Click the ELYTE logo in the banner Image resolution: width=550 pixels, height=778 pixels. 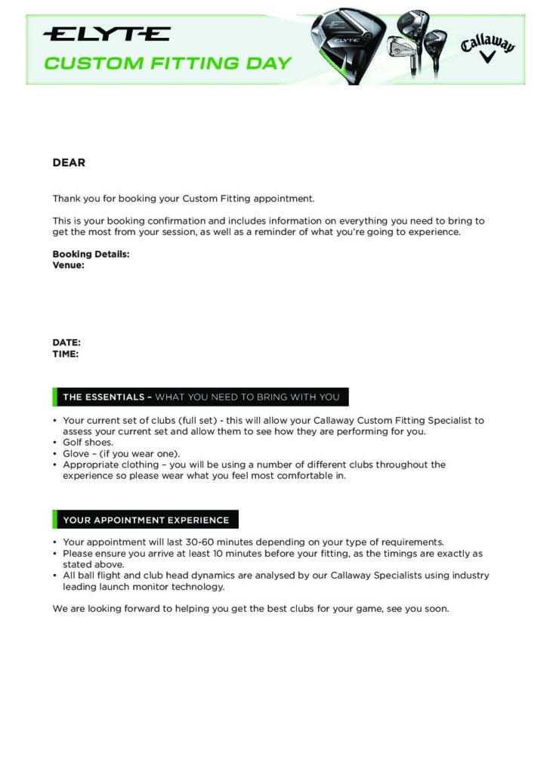tap(107, 34)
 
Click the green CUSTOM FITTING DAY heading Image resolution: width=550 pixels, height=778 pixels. tap(168, 63)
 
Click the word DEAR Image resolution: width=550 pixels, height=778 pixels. tap(69, 162)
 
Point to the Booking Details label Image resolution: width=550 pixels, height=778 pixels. tap(91, 255)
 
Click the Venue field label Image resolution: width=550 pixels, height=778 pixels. tap(68, 265)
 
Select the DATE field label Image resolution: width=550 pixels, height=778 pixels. tap(66, 343)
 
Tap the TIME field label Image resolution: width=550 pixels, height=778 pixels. tap(66, 353)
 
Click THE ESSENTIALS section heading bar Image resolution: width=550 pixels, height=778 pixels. tap(201, 397)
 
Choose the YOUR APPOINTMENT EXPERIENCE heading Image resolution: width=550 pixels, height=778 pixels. tap(146, 520)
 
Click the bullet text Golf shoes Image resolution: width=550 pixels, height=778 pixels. tap(88, 443)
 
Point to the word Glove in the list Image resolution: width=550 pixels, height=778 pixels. tap(76, 454)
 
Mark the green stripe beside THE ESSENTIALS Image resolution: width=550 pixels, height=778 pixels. tap(55, 397)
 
